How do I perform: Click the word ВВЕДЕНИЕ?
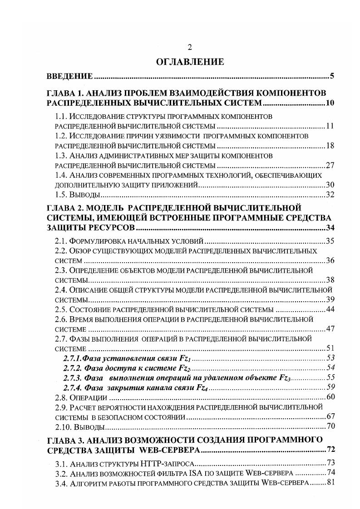[x=70, y=76]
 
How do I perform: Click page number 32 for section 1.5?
[x=330, y=195]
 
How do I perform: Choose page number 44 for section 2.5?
[x=330, y=309]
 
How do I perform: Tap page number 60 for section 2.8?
[x=330, y=397]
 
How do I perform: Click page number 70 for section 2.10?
[x=330, y=427]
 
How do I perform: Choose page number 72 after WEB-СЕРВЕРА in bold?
[x=330, y=450]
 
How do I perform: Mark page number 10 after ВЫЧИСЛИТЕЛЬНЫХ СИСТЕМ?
[x=330, y=103]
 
